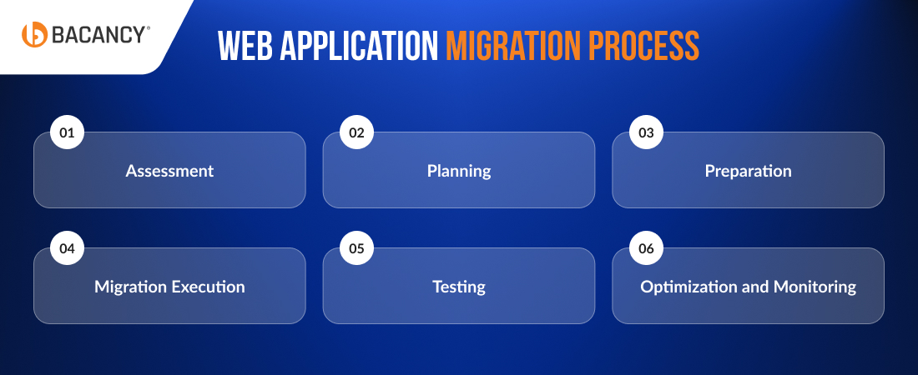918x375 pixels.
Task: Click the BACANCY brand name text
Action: pos(100,35)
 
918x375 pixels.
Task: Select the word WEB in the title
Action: pos(244,47)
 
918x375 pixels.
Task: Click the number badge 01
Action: pos(68,132)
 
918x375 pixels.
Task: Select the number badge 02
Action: pos(357,132)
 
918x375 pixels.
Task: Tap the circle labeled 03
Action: pos(646,132)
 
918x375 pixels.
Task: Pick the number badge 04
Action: pos(68,248)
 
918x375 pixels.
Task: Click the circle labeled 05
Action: pos(357,248)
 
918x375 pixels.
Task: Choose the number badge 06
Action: pos(646,248)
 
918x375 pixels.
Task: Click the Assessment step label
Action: pos(169,171)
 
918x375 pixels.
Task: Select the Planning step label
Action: pos(459,171)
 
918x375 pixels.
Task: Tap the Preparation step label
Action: pos(748,171)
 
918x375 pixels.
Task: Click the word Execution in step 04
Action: pos(208,287)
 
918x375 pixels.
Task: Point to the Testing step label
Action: pos(459,287)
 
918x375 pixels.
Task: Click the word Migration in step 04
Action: pos(130,287)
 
